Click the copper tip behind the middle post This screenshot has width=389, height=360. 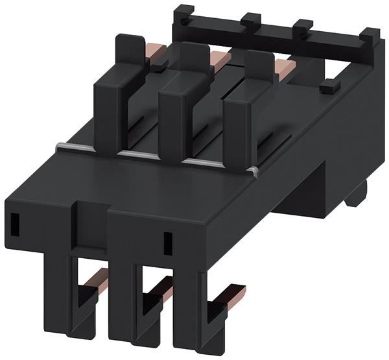click(x=220, y=59)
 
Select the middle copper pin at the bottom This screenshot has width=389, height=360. click(x=162, y=286)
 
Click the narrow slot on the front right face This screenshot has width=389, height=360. click(x=167, y=243)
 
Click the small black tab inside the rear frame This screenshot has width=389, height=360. click(x=329, y=85)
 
